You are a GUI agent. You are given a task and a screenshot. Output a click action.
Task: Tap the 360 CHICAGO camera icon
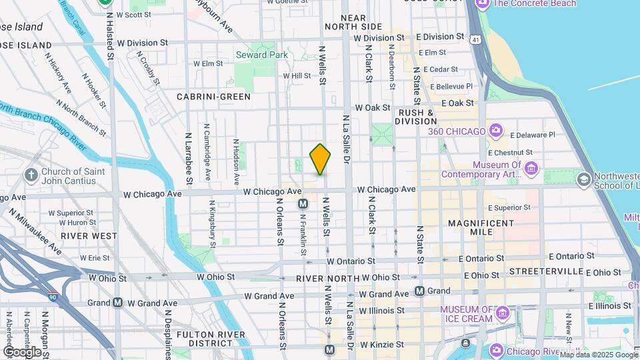click(495, 130)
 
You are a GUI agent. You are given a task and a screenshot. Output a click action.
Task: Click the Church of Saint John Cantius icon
click(31, 175)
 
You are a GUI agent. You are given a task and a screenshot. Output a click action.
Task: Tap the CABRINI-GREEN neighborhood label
click(213, 97)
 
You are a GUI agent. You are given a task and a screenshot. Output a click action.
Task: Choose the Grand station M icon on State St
click(419, 291)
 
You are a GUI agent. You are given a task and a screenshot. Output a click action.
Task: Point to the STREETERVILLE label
click(545, 272)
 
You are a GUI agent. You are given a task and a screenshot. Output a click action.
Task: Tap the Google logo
click(23, 351)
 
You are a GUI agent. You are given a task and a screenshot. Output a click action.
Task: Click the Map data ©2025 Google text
click(598, 354)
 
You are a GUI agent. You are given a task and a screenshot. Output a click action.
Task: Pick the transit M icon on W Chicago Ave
click(303, 203)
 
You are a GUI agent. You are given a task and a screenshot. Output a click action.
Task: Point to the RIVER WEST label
click(89, 235)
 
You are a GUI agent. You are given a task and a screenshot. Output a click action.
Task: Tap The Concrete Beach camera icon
click(482, 4)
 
